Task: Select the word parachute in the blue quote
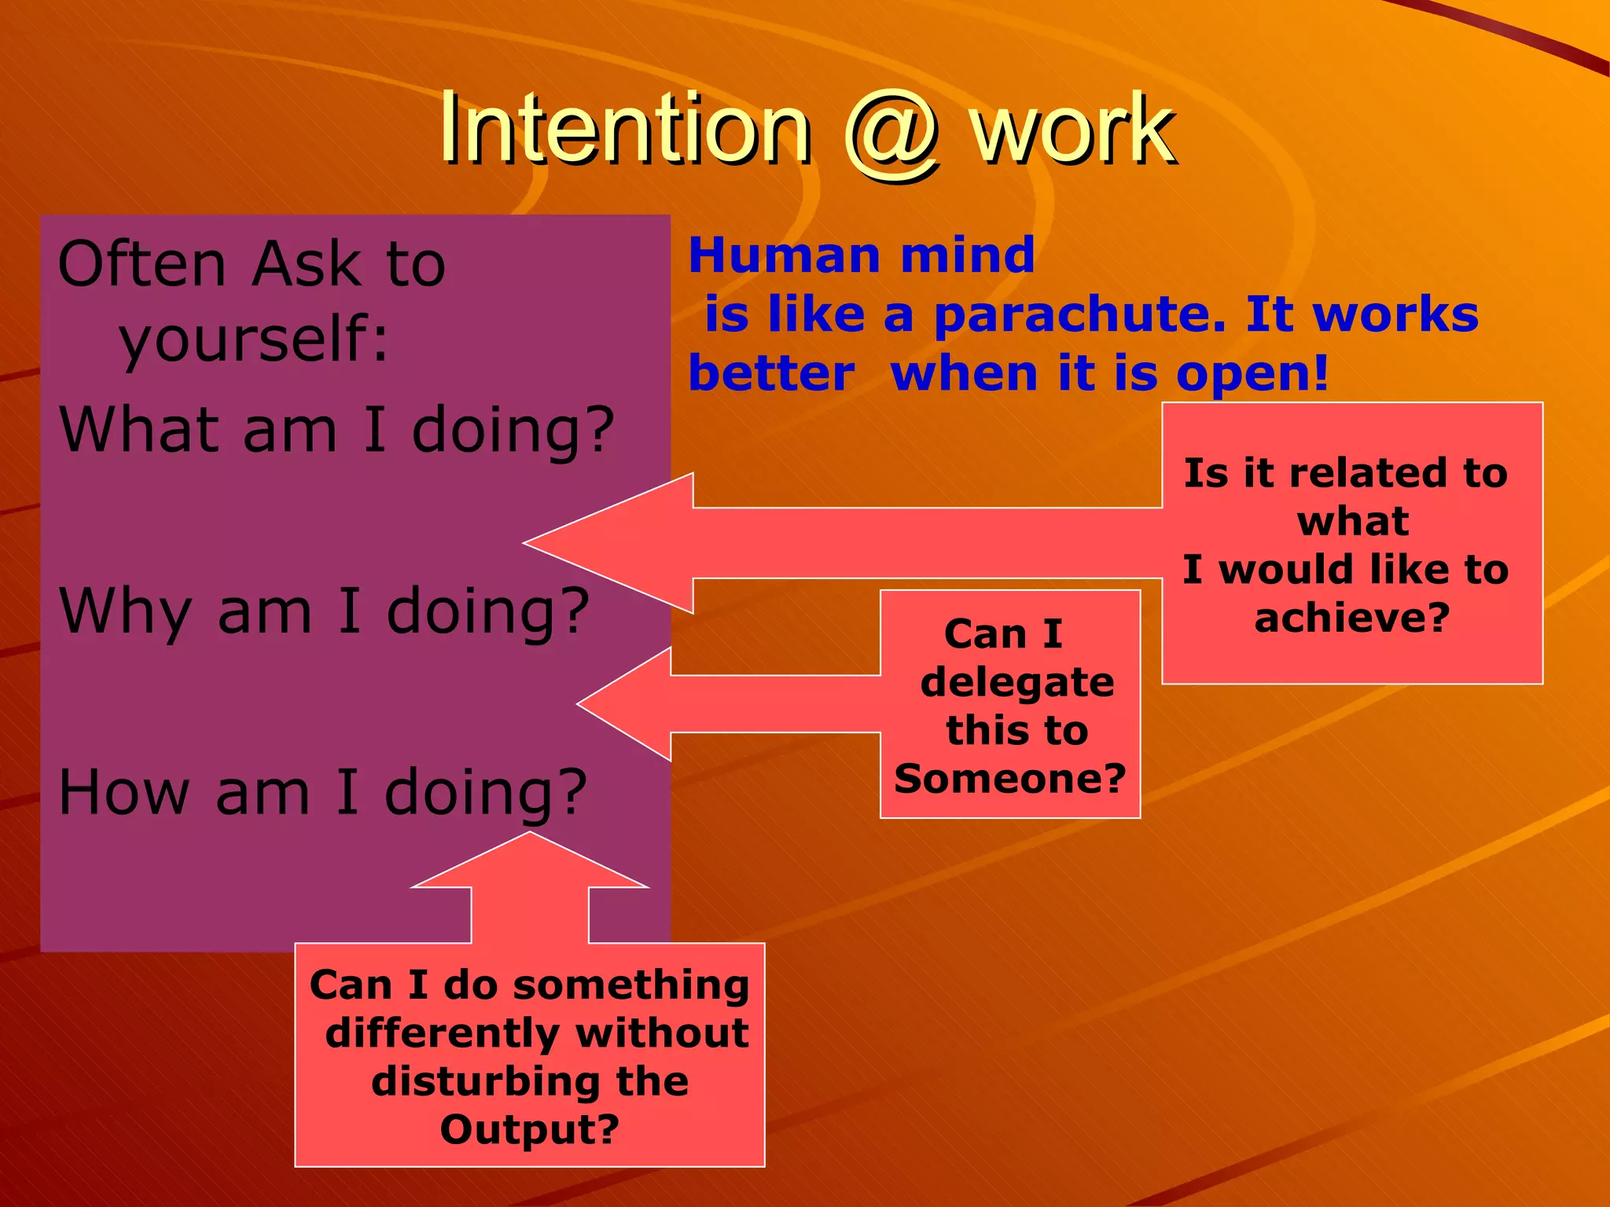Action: point(1079,315)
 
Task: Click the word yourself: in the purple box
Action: point(253,339)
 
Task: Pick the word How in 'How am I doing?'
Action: point(123,792)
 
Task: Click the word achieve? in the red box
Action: point(1351,618)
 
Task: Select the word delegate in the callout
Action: point(1016,682)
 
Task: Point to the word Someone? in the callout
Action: point(1009,779)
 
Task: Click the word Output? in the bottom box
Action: point(529,1129)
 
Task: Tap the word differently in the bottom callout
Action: point(443,1033)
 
